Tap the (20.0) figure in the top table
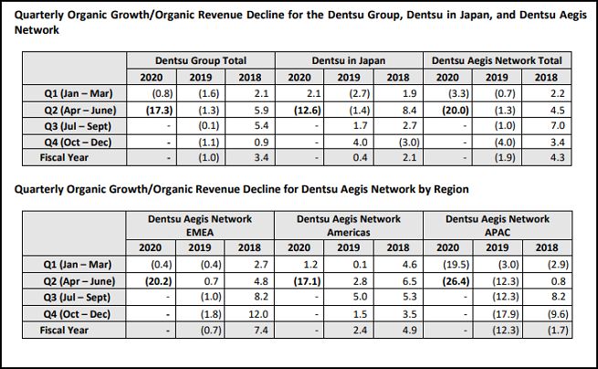[449, 110]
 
